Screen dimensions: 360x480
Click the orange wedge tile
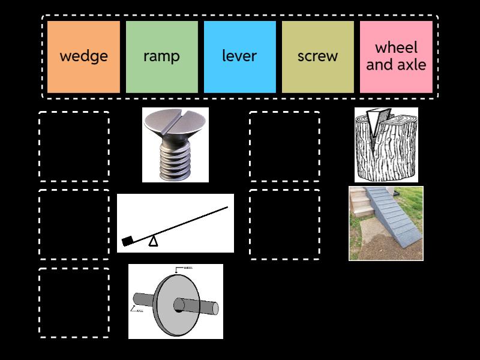(x=84, y=56)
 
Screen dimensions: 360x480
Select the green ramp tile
(x=161, y=56)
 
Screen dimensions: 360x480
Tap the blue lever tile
(x=239, y=56)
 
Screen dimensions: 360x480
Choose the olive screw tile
(x=317, y=56)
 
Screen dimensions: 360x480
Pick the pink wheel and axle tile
(x=396, y=56)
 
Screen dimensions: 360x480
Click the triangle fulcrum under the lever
(x=154, y=241)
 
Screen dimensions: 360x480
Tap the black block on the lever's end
(x=128, y=241)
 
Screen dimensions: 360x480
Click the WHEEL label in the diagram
(x=187, y=268)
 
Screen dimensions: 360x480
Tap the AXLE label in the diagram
(x=139, y=310)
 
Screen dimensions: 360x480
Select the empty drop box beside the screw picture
(x=74, y=146)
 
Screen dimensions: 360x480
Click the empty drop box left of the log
(x=284, y=146)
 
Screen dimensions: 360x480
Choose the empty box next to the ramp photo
(x=284, y=224)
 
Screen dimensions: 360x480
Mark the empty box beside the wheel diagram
(x=74, y=302)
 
